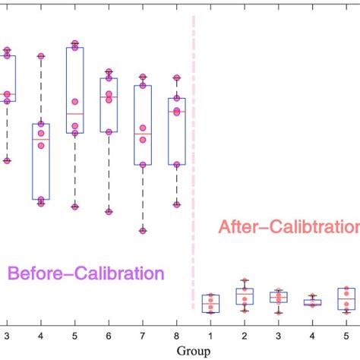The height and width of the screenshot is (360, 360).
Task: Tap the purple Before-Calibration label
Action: pyautogui.click(x=86, y=272)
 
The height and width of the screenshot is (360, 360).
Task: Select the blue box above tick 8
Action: pyautogui.click(x=176, y=131)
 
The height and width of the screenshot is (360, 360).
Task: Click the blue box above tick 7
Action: pyautogui.click(x=143, y=125)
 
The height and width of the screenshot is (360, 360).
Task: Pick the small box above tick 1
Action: pyautogui.click(x=210, y=304)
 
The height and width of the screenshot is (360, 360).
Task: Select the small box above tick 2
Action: pyautogui.click(x=244, y=296)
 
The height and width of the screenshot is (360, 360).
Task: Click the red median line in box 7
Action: pyautogui.click(x=143, y=134)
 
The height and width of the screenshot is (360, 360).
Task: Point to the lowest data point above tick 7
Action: pyautogui.click(x=143, y=230)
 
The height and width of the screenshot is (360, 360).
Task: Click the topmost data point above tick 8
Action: pyautogui.click(x=176, y=77)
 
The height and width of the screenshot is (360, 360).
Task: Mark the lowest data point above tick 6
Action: pyautogui.click(x=109, y=212)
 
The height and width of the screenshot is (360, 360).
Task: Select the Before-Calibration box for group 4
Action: pyautogui.click(x=40, y=162)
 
